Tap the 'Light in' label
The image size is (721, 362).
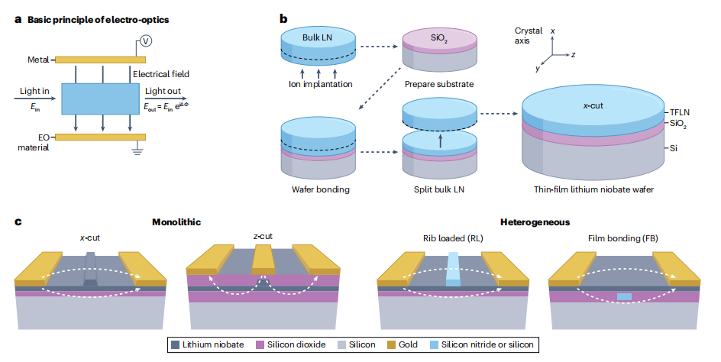pos(34,90)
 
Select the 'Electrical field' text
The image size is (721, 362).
pos(160,74)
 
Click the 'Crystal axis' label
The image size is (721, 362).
pos(527,36)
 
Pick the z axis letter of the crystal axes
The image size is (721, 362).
pos(573,55)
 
